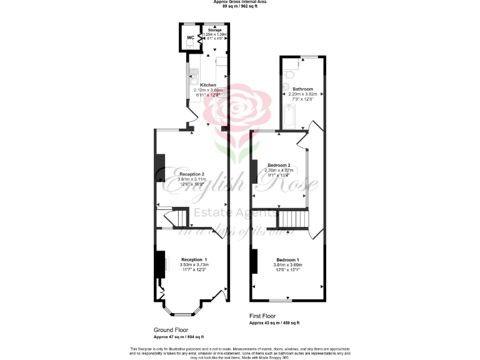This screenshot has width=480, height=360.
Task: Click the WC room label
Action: click(190, 37)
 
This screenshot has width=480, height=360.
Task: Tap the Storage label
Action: click(215, 30)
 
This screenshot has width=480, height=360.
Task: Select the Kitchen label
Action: click(208, 85)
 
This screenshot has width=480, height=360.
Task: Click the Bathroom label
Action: click(302, 89)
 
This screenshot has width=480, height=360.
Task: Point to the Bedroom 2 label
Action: click(278, 165)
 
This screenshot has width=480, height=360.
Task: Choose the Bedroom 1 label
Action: click(287, 259)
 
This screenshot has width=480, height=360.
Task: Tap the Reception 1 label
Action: click(194, 259)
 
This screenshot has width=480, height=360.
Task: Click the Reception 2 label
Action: click(192, 174)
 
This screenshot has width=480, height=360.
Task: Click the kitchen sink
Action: click(194, 79)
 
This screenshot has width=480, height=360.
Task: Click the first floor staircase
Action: click(290, 219)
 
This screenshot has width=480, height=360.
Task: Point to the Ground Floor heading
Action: click(171, 329)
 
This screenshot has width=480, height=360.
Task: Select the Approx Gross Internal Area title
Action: click(239, 2)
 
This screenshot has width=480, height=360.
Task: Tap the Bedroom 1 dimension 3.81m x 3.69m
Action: click(287, 265)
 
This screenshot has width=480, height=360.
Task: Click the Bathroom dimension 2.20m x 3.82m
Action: click(302, 94)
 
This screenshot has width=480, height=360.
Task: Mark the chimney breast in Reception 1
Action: click(160, 263)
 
